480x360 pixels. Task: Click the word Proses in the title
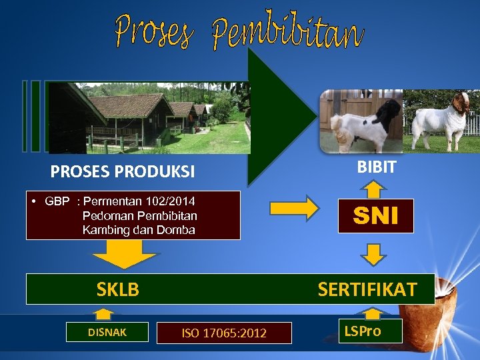(x=152, y=31)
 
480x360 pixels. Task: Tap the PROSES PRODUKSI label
(x=123, y=172)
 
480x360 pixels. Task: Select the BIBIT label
(x=376, y=167)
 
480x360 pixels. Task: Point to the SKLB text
(x=118, y=289)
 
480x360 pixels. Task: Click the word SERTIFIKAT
(x=367, y=289)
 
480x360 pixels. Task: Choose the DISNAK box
(x=107, y=331)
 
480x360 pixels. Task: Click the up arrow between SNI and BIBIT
(x=375, y=189)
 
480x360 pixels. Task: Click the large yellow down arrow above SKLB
(x=125, y=255)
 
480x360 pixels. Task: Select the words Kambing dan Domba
(x=139, y=230)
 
